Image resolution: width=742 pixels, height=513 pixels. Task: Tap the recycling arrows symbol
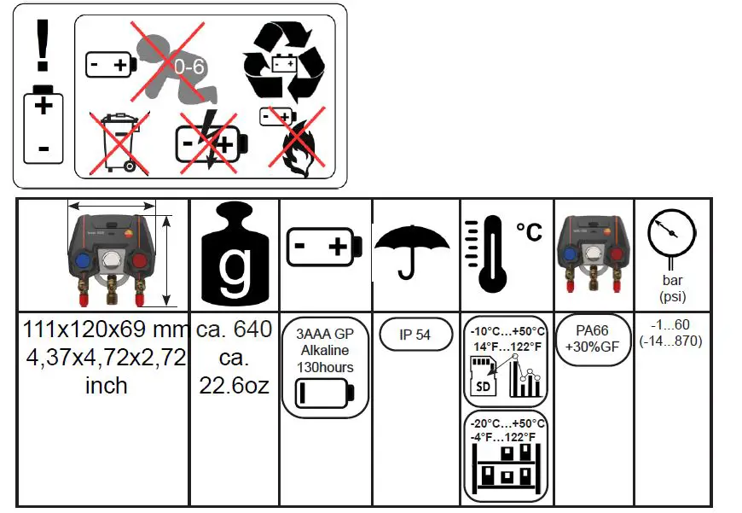click(x=285, y=61)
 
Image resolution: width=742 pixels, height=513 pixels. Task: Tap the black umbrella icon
click(x=412, y=248)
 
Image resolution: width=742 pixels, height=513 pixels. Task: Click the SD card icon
click(x=484, y=377)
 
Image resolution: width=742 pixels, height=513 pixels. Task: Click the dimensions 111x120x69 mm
click(x=104, y=329)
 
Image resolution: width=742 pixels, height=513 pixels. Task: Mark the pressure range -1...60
click(x=671, y=326)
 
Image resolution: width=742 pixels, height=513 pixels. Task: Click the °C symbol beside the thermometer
click(x=530, y=231)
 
